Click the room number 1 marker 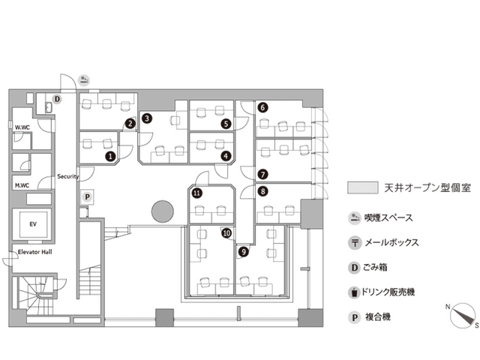[110, 157]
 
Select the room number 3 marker [147, 118]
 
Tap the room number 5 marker [226, 124]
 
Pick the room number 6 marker [262, 107]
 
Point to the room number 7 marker [262, 175]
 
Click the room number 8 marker [262, 192]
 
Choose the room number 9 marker [244, 252]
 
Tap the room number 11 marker [196, 193]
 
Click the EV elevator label [33, 224]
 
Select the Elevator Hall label [35, 252]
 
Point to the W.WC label [22, 127]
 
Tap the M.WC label [22, 185]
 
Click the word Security [68, 176]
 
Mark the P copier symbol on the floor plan [87, 196]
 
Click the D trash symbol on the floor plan [57, 99]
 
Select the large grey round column [163, 211]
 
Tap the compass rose [462, 315]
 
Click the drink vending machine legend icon [354, 292]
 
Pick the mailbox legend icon [355, 243]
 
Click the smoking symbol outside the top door [84, 80]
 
